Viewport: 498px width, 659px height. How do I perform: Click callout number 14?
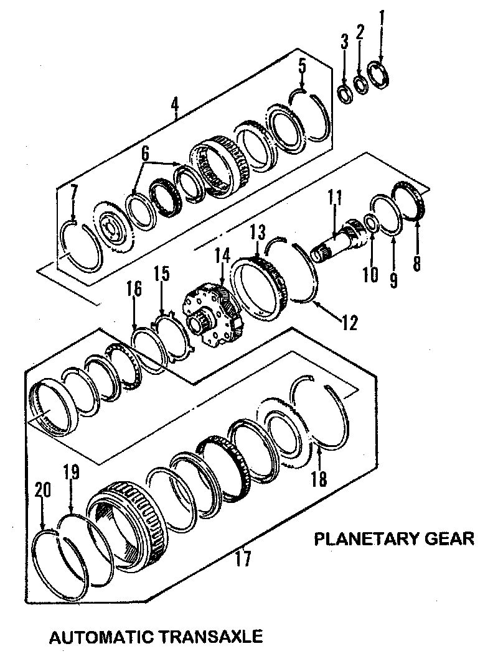pos(222,258)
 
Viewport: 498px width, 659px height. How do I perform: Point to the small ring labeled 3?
pos(344,93)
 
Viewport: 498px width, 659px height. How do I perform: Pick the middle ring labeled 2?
pos(360,83)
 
